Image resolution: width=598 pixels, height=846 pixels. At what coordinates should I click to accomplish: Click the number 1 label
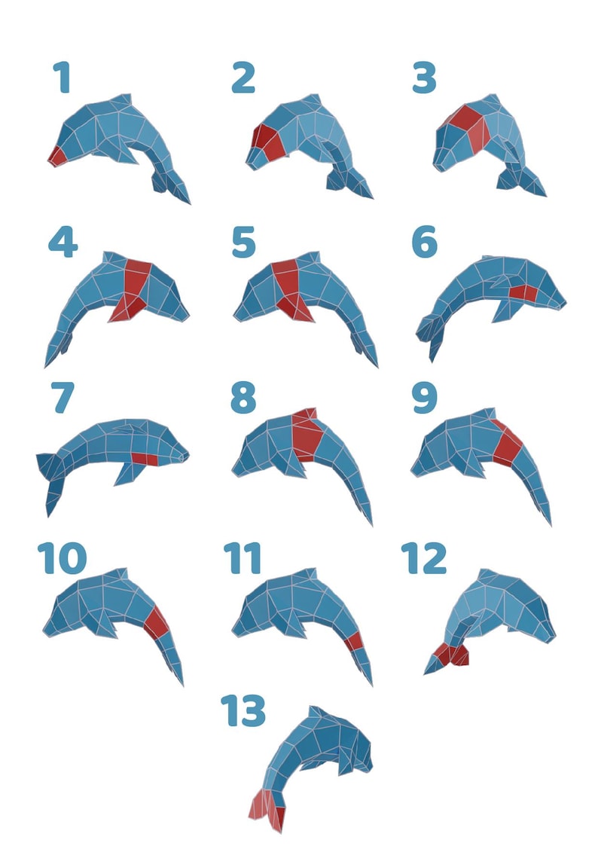pyautogui.click(x=62, y=78)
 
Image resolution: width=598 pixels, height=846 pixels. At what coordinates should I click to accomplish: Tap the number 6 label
pyautogui.click(x=424, y=242)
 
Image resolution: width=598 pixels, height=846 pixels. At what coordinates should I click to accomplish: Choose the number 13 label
pyautogui.click(x=243, y=710)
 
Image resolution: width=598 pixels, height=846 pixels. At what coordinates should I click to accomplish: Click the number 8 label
pyautogui.click(x=243, y=398)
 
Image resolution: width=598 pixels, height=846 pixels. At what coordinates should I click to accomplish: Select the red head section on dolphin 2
pyautogui.click(x=266, y=143)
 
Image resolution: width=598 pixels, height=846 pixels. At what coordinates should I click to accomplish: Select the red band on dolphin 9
pyautogui.click(x=508, y=442)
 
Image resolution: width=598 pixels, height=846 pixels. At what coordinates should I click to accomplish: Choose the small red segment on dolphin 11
pyautogui.click(x=354, y=642)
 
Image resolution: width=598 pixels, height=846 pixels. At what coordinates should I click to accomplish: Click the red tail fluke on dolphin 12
pyautogui.click(x=452, y=655)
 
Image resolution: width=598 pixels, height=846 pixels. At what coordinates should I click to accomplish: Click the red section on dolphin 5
pyautogui.click(x=288, y=285)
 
